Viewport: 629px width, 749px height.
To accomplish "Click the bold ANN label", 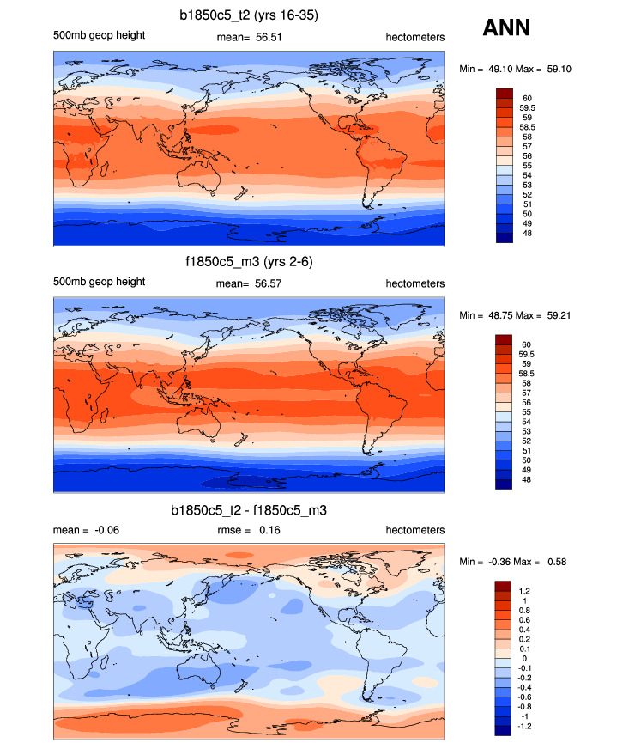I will (506, 28).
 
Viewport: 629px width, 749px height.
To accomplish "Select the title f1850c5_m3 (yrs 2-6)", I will (248, 262).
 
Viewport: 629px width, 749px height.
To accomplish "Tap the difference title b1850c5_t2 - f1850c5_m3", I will (248, 510).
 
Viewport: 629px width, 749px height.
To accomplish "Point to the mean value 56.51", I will (269, 37).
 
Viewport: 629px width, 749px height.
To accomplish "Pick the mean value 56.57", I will (269, 284).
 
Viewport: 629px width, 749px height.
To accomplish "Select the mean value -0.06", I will (106, 530).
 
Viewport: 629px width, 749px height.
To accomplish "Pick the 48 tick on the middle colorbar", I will (524, 479).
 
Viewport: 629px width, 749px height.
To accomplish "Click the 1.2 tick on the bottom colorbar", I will (525, 591).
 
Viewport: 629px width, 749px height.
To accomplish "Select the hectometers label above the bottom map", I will (414, 530).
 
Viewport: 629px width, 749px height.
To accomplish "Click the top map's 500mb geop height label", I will (99, 35).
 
